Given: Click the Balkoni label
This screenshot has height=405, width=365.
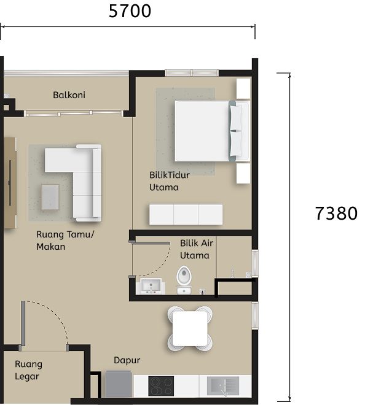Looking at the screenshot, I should point(69,95).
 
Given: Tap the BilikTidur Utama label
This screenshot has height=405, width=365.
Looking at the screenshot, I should point(169,181).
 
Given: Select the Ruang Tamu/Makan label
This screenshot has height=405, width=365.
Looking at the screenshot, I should point(66,241).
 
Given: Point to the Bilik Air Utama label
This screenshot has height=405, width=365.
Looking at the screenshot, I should point(195,249).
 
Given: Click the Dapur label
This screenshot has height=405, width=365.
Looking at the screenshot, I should point(127,360).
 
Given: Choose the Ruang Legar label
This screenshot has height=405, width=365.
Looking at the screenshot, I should point(28,370).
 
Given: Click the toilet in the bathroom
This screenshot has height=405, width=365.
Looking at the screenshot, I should point(184,278).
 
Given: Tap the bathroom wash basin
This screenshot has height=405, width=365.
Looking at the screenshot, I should point(150,286).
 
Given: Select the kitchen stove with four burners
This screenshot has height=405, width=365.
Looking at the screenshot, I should point(161,385).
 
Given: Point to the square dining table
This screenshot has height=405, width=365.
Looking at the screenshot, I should point(190,328).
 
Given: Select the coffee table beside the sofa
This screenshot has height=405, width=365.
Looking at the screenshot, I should point(50,197).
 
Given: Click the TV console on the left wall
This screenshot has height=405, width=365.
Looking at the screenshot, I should point(10,182).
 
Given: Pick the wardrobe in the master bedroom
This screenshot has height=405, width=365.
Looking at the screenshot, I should point(186,214).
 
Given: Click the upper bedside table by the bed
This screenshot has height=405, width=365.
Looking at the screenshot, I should point(243,88).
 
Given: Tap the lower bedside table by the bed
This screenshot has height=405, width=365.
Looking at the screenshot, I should point(243,173).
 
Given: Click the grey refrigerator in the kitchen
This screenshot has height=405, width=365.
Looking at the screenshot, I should point(119,385).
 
